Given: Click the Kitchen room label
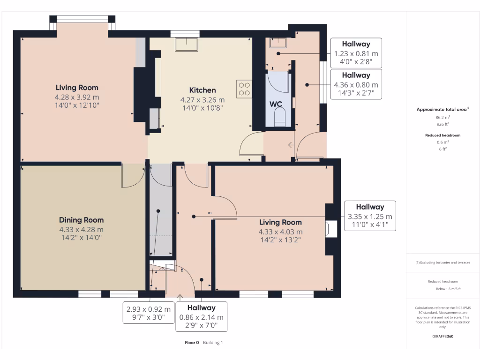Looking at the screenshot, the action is [x=202, y=90].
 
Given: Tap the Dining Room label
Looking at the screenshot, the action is [x=81, y=220].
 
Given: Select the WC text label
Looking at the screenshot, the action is [x=276, y=104].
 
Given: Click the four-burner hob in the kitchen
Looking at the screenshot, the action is [x=244, y=89].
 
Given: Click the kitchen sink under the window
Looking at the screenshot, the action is [x=187, y=44].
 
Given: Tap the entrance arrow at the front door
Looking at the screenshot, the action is [x=180, y=297].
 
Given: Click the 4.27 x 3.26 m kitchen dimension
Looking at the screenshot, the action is [x=202, y=100].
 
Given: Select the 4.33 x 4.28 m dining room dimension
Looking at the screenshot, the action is [x=81, y=229].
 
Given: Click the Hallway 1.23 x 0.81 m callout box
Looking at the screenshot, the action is [x=356, y=53].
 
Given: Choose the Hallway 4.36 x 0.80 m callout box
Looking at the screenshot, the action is [x=356, y=84].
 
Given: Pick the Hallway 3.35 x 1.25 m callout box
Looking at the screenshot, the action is [x=370, y=216].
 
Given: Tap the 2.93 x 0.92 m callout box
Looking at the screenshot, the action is [x=149, y=313].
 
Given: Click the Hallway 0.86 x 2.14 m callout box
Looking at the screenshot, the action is [x=202, y=316].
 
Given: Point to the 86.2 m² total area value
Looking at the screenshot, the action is [x=442, y=117].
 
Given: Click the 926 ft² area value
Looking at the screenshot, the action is [x=442, y=124].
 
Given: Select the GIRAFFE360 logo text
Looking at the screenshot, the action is [x=442, y=336].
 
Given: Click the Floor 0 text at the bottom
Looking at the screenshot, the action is [x=192, y=343].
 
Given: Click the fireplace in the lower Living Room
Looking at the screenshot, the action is [x=331, y=229].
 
